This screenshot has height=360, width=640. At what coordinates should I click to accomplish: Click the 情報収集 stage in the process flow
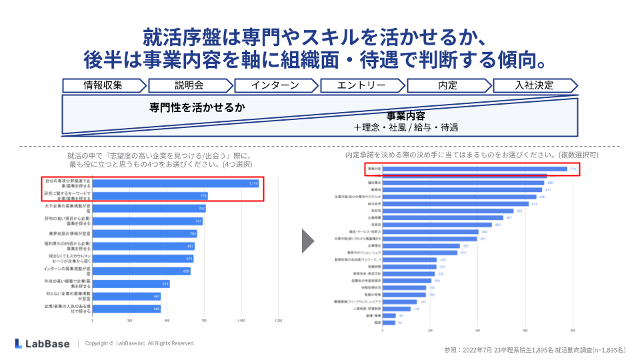(103, 85)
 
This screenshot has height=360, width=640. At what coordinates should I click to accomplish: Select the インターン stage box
(275, 85)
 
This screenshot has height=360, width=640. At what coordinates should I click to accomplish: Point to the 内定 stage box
(447, 85)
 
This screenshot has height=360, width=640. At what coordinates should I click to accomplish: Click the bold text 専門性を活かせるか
(197, 107)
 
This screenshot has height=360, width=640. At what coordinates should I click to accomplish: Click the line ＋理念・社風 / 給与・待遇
(406, 127)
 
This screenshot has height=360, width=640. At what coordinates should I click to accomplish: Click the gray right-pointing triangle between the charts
(307, 241)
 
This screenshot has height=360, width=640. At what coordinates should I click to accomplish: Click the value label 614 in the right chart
(533, 204)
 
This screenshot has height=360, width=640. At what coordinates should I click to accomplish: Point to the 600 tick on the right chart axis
(525, 330)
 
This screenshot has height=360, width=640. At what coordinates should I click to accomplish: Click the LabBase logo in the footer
(41, 343)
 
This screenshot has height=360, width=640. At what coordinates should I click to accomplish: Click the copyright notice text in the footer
(140, 343)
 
